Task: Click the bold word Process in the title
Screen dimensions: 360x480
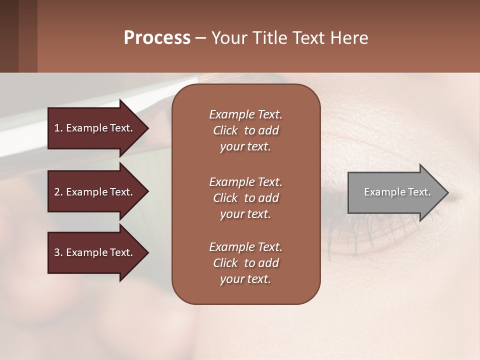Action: click(157, 37)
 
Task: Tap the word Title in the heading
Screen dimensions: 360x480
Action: click(268, 37)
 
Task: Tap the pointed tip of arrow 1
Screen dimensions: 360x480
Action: click(147, 128)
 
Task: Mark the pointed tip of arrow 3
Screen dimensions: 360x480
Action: click(147, 252)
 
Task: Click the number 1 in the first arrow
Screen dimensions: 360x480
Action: click(57, 128)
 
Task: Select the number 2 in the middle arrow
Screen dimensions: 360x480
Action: click(57, 192)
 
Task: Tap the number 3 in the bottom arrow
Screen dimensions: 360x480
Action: click(57, 252)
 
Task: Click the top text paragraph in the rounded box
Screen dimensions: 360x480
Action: click(245, 130)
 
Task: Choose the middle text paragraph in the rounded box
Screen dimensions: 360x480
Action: click(245, 198)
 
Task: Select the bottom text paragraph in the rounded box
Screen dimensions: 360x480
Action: click(245, 263)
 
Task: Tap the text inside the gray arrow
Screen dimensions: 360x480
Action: click(397, 192)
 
